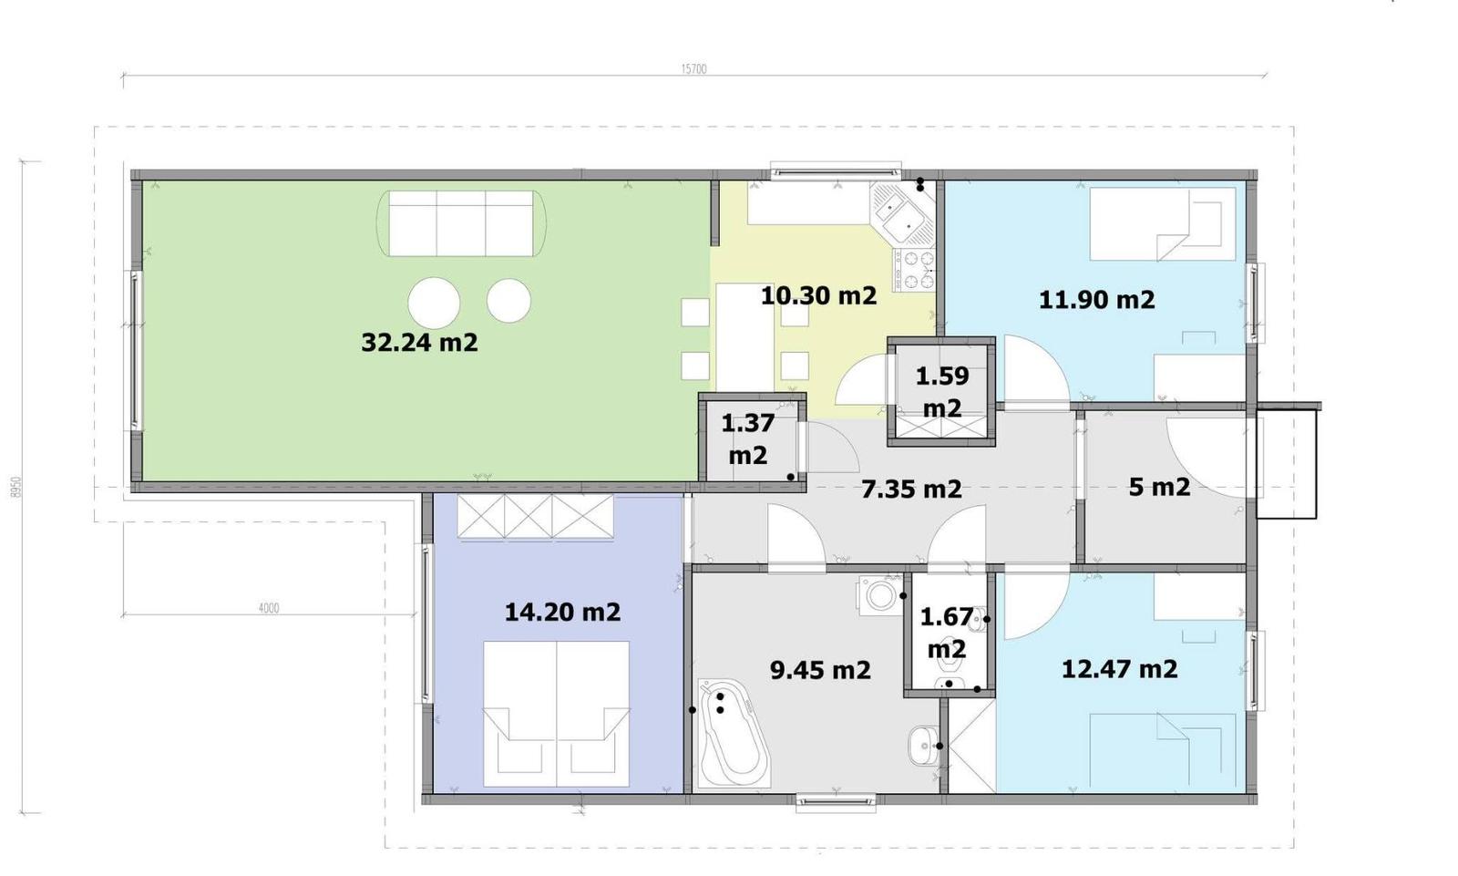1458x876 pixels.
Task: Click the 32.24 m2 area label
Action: click(x=420, y=343)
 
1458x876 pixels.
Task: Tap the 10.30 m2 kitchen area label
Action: click(x=819, y=296)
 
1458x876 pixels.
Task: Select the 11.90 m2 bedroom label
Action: click(x=1097, y=300)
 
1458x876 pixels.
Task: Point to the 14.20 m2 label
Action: click(x=563, y=613)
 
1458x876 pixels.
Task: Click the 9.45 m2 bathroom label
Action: click(x=820, y=670)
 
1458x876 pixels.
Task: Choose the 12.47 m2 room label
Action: click(x=1120, y=670)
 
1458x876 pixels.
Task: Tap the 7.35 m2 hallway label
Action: click(x=911, y=490)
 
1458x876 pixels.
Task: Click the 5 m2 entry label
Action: click(x=1159, y=487)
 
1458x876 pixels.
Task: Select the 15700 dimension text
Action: click(x=693, y=69)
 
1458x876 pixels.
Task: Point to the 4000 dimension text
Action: click(x=269, y=608)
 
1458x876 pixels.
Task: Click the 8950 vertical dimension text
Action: click(x=17, y=487)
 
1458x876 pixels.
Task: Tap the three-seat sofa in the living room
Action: click(x=461, y=223)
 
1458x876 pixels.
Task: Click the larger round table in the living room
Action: click(x=434, y=303)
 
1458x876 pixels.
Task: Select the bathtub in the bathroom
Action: click(x=734, y=733)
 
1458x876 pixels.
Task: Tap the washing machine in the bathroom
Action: click(x=880, y=595)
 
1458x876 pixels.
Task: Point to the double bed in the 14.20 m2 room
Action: click(x=556, y=714)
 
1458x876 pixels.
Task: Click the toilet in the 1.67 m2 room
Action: click(x=948, y=666)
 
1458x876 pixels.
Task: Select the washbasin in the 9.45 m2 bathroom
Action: click(x=922, y=745)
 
